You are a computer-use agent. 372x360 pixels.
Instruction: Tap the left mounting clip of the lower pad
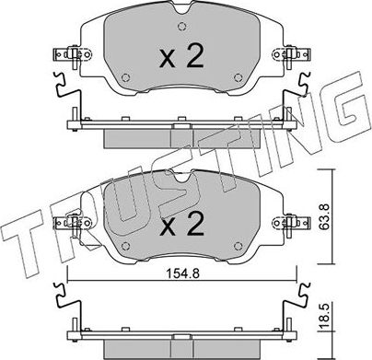point(67,221)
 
